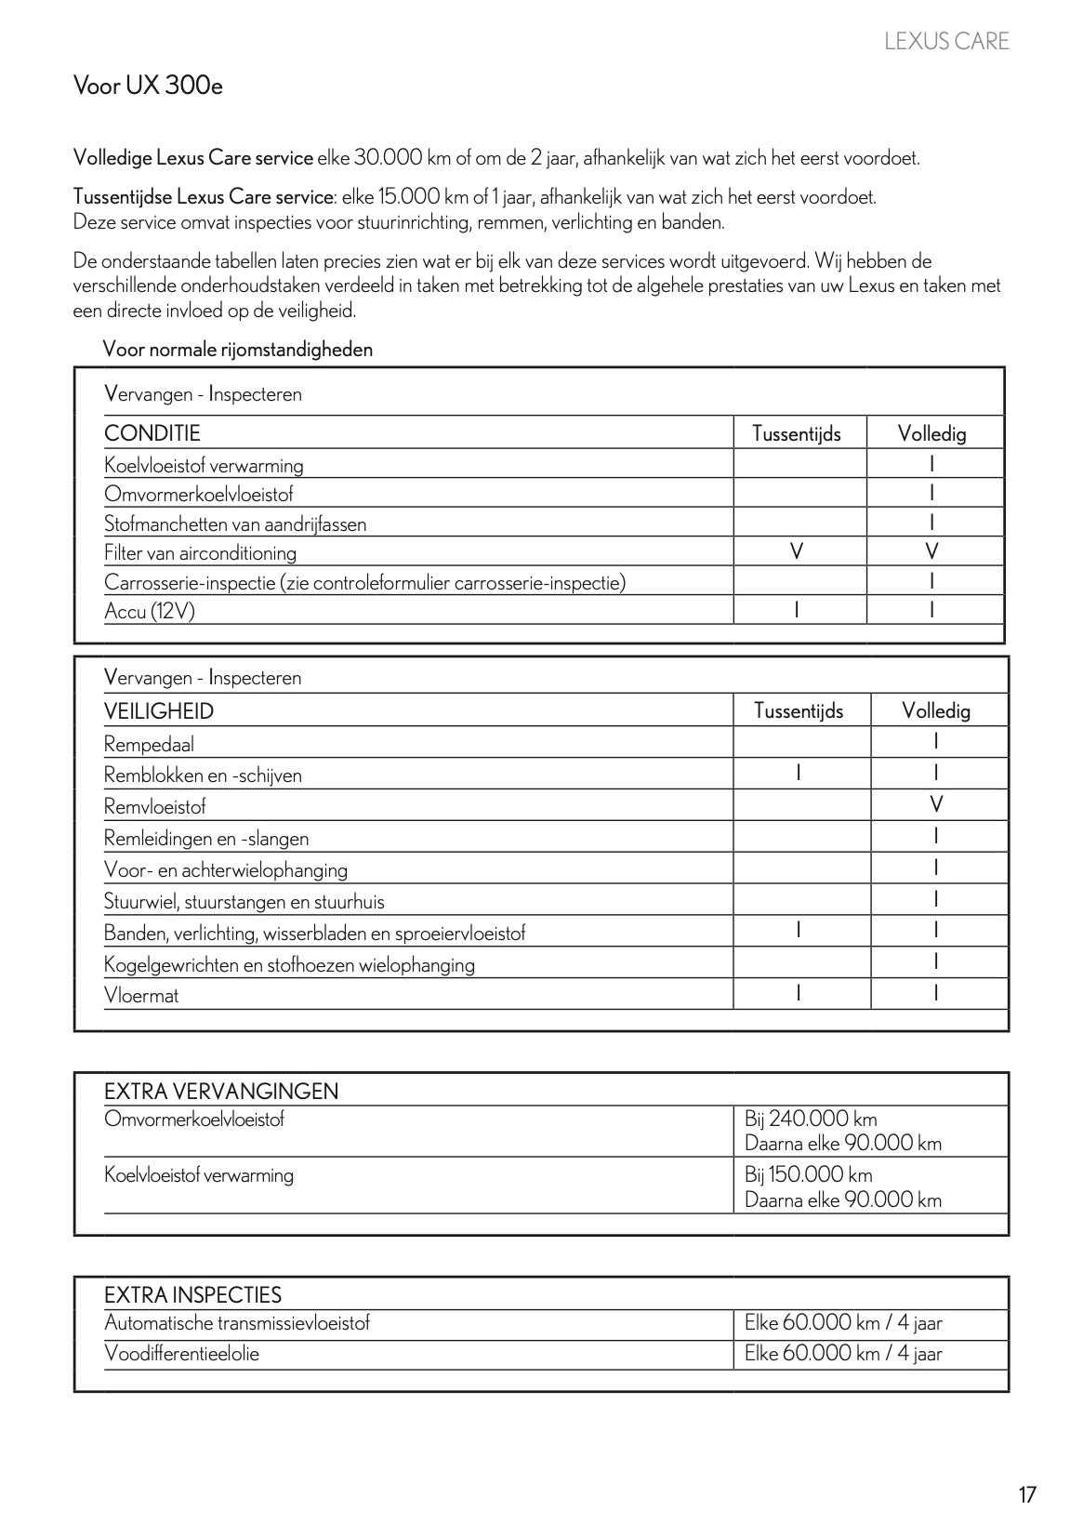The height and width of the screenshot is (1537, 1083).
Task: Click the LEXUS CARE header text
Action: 945,41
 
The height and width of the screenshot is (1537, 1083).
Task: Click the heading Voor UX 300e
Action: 148,86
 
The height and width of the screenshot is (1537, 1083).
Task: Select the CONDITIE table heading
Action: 152,433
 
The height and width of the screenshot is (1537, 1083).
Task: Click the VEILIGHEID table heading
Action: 159,711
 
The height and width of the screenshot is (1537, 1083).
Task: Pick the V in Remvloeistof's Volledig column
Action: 936,804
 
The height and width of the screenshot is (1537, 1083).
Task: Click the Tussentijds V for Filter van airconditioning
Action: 796,551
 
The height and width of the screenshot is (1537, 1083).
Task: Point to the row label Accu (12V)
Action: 150,612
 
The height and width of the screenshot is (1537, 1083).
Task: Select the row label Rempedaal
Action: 149,744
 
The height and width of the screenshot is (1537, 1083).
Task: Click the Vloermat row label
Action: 141,995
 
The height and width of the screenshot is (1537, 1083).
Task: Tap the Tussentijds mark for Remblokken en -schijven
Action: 798,773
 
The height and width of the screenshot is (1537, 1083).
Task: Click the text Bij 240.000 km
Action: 811,1119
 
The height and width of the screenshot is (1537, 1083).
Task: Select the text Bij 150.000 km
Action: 809,1174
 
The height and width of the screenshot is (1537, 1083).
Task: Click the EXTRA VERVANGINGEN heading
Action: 221,1092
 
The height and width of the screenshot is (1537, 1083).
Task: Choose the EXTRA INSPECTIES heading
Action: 192,1294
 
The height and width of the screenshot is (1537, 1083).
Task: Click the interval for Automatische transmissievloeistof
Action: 843,1323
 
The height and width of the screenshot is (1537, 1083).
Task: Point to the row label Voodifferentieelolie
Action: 181,1353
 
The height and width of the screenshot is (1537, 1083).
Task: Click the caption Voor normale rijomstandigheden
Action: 238,350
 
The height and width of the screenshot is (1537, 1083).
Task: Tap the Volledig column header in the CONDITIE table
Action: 931,433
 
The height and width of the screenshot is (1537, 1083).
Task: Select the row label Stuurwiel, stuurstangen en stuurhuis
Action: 244,901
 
